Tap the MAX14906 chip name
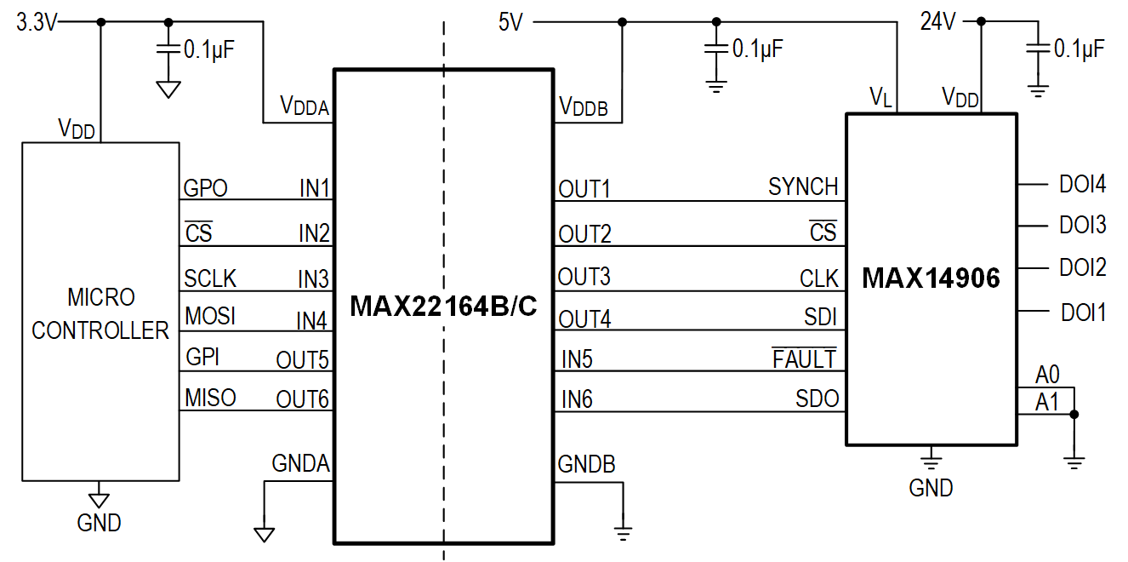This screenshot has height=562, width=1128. (931, 278)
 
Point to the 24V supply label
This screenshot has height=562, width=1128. (938, 22)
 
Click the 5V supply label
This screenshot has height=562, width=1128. (510, 23)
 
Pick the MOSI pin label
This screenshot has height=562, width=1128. (209, 317)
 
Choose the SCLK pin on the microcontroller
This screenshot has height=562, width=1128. (210, 278)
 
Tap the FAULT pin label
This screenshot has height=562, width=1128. (804, 359)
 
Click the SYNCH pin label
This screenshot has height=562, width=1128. (803, 186)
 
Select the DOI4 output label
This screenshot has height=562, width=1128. (1082, 184)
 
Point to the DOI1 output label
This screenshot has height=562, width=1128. (1083, 313)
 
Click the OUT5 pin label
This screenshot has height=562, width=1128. (302, 360)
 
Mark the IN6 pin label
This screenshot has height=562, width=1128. (576, 399)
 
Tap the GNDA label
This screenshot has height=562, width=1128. (300, 464)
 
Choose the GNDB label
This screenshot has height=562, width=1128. (587, 464)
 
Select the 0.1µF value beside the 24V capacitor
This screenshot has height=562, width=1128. (1080, 49)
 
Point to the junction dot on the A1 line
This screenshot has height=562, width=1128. (1074, 415)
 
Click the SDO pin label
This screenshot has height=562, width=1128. (817, 399)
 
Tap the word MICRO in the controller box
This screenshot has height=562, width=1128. (100, 298)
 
